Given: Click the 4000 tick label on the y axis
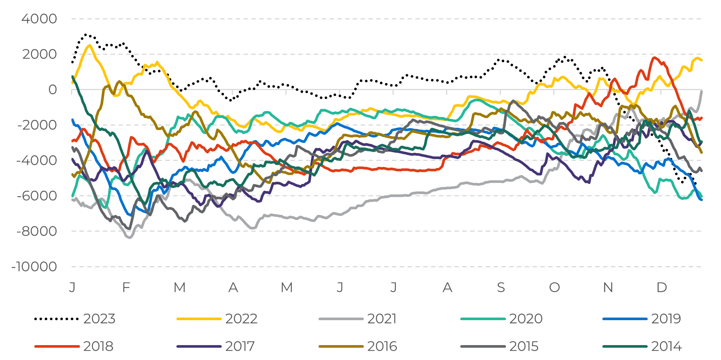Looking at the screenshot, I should pyautogui.click(x=39, y=19).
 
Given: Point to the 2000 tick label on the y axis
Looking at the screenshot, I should pyautogui.click(x=39, y=54).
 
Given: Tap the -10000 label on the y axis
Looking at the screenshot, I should pyautogui.click(x=34, y=267).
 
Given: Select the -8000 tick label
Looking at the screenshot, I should pyautogui.click(x=37, y=231).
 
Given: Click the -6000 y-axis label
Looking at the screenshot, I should pyautogui.click(x=37, y=196).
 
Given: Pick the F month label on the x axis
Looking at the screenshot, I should pyautogui.click(x=126, y=287).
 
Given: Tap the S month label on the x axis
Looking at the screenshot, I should pyautogui.click(x=501, y=287).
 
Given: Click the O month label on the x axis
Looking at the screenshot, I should pyautogui.click(x=554, y=287).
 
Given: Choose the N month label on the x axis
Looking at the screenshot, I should pyautogui.click(x=608, y=287).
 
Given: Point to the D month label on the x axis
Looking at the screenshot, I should pyautogui.click(x=661, y=287).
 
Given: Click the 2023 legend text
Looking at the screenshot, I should pyautogui.click(x=99, y=319).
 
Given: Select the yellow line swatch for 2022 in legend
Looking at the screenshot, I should pyautogui.click(x=199, y=319).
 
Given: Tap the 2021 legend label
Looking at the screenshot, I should pyautogui.click(x=382, y=319).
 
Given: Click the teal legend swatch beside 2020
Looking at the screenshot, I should pyautogui.click(x=483, y=319).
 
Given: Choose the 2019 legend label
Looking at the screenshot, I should pyautogui.click(x=666, y=319).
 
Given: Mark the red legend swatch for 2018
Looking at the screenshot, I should pyautogui.click(x=57, y=346).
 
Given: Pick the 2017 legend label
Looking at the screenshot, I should pyautogui.click(x=240, y=346).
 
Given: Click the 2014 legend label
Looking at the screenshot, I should pyautogui.click(x=666, y=346).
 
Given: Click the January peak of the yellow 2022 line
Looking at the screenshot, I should pyautogui.click(x=90, y=45).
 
